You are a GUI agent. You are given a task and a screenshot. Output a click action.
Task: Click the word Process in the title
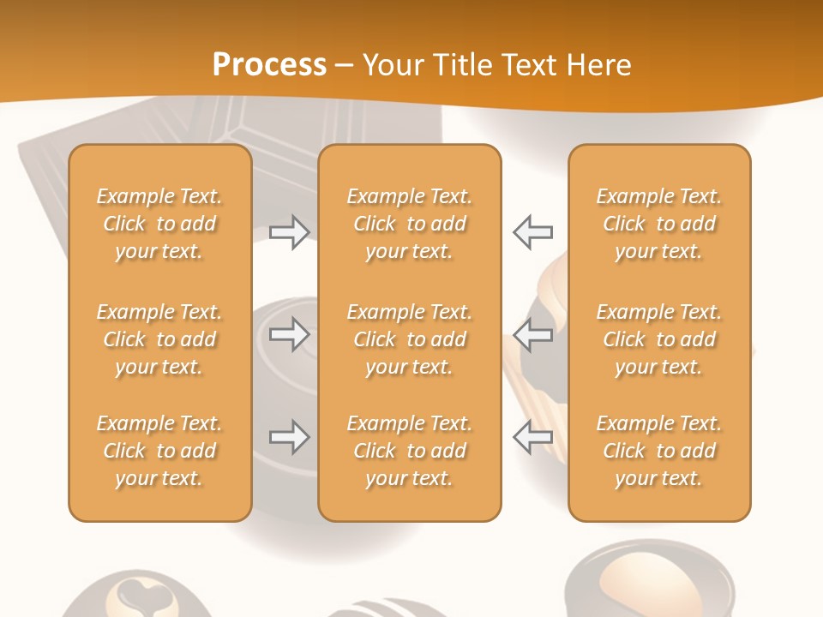[269, 65]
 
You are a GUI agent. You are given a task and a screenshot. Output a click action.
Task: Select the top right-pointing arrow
[289, 232]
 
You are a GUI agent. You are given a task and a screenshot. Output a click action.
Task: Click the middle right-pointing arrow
[289, 335]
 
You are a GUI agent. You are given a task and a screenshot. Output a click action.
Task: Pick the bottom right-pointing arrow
[289, 437]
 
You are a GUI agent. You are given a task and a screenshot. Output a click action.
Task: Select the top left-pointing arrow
[532, 232]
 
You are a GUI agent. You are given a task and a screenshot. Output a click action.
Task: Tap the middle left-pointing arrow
[532, 335]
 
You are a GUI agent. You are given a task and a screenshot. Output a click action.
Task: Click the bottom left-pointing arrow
[532, 437]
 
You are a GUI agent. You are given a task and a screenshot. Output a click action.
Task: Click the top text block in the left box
[159, 224]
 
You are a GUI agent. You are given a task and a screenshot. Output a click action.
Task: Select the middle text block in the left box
[159, 339]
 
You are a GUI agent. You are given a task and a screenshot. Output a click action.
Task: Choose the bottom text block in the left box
[159, 451]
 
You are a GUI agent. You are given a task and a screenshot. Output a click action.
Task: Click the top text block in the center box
[409, 224]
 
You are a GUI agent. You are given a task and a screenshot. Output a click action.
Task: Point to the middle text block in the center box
[409, 339]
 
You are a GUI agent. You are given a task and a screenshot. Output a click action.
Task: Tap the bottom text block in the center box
[409, 451]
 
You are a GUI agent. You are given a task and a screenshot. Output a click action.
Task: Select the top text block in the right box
[658, 224]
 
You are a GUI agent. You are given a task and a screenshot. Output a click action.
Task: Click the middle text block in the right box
[658, 339]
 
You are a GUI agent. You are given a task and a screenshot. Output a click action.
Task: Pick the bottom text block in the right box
[658, 451]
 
